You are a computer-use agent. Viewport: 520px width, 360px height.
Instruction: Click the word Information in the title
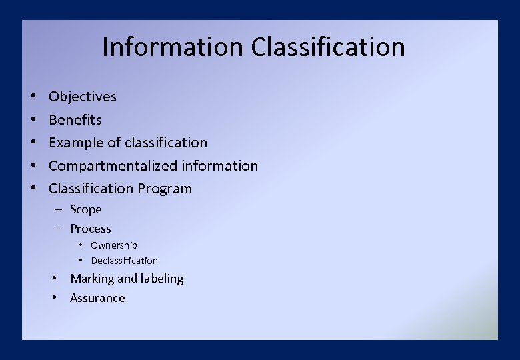point(173,47)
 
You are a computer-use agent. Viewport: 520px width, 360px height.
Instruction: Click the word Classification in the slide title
point(328,47)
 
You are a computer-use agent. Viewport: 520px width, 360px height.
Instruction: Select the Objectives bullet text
point(83,97)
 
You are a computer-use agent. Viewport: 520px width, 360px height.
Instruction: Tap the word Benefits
point(75,120)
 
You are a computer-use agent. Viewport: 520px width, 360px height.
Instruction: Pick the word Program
point(165,189)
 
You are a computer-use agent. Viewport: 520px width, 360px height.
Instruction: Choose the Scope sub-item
point(86,209)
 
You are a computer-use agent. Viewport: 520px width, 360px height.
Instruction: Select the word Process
point(91,229)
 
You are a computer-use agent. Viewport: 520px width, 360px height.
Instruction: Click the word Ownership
point(114,245)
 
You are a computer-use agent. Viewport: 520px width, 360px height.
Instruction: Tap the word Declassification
point(125,261)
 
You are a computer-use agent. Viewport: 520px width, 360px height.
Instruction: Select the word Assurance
point(97,298)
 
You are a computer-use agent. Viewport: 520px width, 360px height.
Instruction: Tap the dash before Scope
point(59,209)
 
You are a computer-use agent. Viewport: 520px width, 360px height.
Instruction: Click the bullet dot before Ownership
point(81,245)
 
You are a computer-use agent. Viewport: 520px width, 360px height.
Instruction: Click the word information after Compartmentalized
point(220,166)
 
